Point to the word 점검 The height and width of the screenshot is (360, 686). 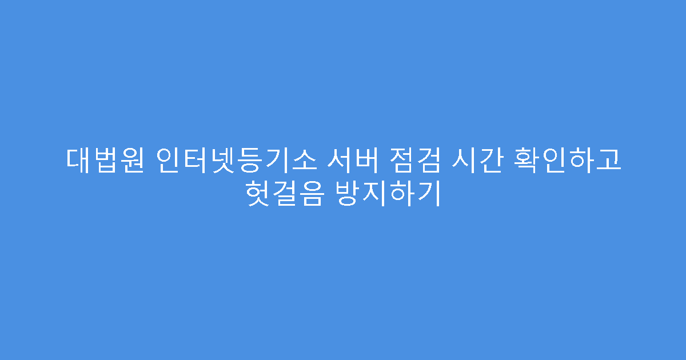pos(415,160)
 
